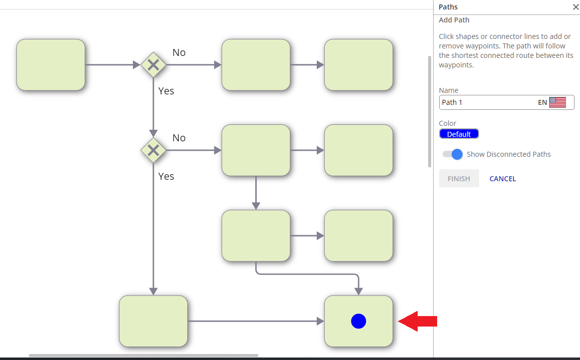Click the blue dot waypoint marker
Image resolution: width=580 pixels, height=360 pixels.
click(x=358, y=321)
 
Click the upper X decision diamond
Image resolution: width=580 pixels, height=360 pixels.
click(x=153, y=65)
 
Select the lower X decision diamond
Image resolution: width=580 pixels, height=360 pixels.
click(x=153, y=150)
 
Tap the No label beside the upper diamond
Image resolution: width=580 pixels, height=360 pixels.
click(x=179, y=52)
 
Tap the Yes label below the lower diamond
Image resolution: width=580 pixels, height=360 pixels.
click(x=166, y=176)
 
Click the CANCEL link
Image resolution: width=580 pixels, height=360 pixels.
click(x=503, y=179)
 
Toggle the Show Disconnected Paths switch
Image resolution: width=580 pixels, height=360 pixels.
click(x=453, y=154)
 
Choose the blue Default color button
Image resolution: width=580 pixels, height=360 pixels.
click(x=459, y=134)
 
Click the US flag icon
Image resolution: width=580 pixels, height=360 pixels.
click(x=557, y=102)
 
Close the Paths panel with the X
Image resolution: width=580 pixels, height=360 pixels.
click(x=575, y=7)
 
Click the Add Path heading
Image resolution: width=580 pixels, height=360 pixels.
click(x=454, y=20)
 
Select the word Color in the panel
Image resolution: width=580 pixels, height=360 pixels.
click(x=448, y=123)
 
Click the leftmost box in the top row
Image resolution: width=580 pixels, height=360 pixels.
click(x=50, y=65)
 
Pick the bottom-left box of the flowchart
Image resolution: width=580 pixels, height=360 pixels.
click(x=153, y=321)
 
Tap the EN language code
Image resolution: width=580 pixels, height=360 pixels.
click(x=542, y=102)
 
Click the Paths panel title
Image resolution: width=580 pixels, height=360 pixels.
click(x=448, y=7)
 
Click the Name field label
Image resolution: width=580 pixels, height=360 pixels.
click(x=449, y=90)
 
